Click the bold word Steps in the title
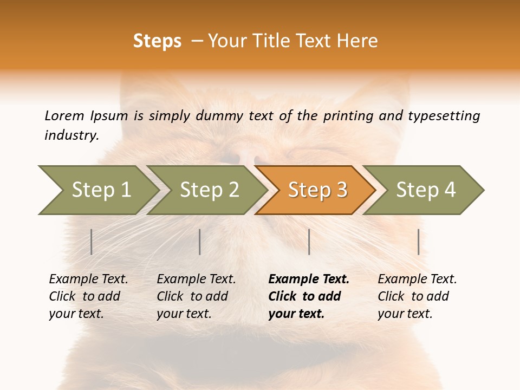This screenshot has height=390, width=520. (x=157, y=41)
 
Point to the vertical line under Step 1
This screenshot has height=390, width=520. (x=92, y=242)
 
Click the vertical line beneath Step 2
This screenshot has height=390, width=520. (x=200, y=242)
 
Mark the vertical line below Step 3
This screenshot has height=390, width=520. (x=309, y=242)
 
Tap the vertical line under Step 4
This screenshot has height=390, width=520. (x=418, y=242)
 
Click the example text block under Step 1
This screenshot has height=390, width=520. (x=88, y=296)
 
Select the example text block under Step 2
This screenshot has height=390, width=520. (x=196, y=296)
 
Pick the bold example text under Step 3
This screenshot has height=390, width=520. (x=309, y=296)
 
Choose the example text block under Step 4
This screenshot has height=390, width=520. (x=417, y=296)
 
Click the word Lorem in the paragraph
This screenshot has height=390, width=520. (x=64, y=116)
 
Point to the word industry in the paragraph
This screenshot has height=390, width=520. (x=71, y=135)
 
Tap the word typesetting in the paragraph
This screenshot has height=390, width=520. (x=444, y=116)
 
